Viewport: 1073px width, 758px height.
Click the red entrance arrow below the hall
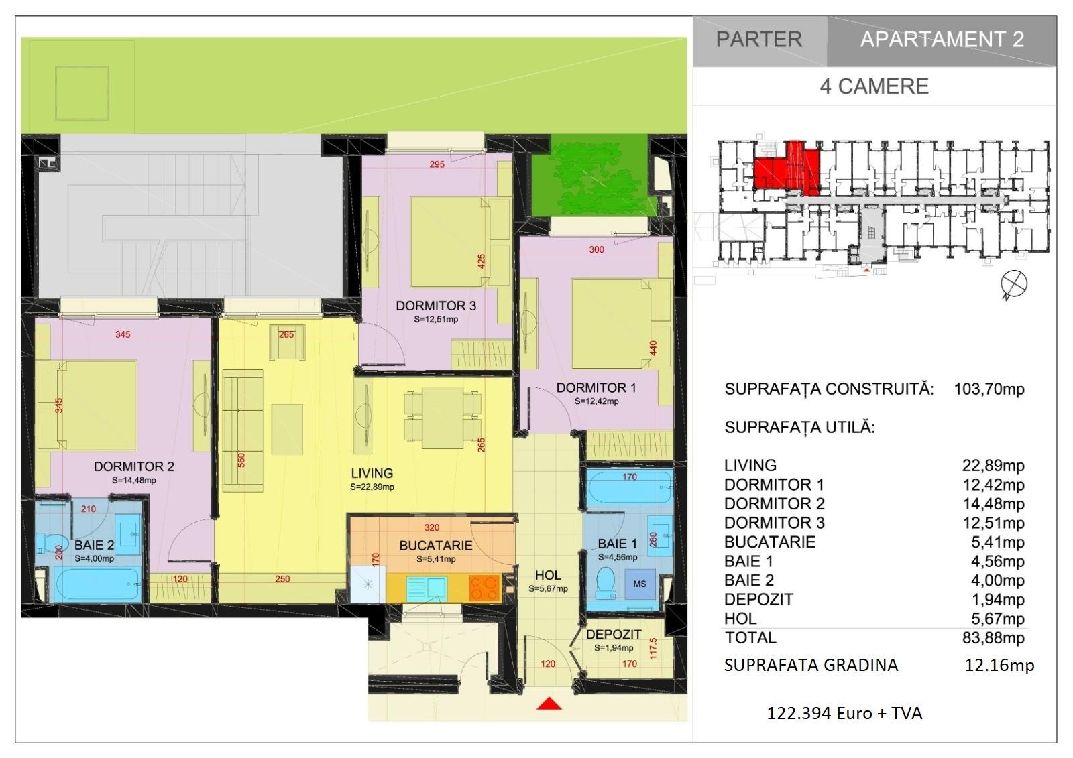[x=549, y=704]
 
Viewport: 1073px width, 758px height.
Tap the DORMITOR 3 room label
[x=436, y=306]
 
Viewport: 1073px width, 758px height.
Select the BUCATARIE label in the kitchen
[x=435, y=546]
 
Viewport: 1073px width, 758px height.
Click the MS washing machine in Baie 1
[x=640, y=584]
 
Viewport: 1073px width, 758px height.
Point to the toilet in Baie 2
[x=46, y=545]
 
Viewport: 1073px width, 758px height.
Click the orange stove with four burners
[x=484, y=587]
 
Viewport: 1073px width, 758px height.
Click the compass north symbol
[x=1013, y=284]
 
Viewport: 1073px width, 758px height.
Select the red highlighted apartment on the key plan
[x=787, y=169]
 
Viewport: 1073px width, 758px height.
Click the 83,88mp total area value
[x=993, y=638]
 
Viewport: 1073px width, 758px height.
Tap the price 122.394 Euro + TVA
[x=844, y=714]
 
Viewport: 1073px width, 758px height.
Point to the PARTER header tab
[x=759, y=40]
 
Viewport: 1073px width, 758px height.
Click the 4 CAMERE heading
[x=874, y=86]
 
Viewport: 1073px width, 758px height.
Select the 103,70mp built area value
[x=989, y=389]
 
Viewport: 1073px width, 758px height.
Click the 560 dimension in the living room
[x=241, y=460]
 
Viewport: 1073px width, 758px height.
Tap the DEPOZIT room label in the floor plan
[x=614, y=635]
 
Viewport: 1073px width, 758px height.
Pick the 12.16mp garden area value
[x=999, y=665]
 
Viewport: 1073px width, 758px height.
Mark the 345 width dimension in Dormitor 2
[x=123, y=334]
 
